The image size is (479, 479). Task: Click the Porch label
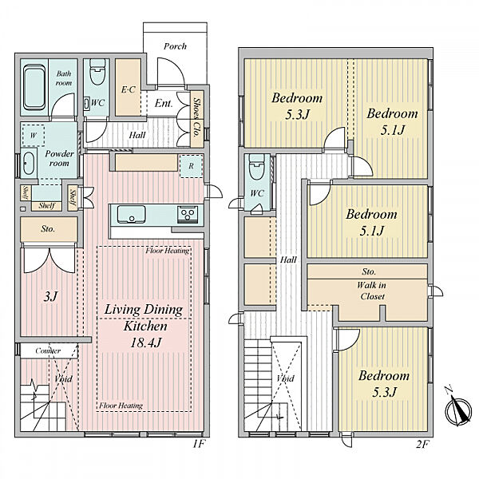tap(175, 46)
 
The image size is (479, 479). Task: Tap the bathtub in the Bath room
tap(34, 87)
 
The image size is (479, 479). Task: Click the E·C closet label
tap(128, 89)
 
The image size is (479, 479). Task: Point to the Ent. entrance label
tap(164, 103)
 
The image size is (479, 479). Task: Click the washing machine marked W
tap(33, 135)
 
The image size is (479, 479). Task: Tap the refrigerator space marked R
tap(192, 166)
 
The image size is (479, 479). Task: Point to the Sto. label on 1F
tap(48, 229)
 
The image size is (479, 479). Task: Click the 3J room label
tap(50, 297)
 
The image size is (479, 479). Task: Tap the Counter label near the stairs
tap(48, 350)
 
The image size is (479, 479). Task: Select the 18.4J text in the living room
tap(145, 342)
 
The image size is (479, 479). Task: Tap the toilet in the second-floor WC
tap(257, 167)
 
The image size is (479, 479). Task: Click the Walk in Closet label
tap(372, 291)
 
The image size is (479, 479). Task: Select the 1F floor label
tap(199, 444)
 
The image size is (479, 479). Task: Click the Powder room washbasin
tap(29, 163)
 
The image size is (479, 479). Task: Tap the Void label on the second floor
tap(286, 378)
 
